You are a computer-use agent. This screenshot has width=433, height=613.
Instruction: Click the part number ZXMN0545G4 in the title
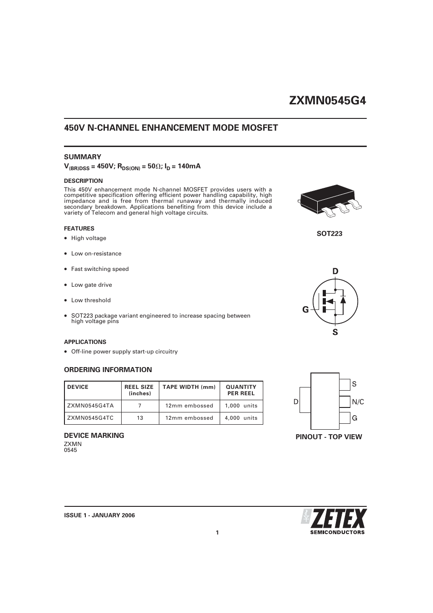point(327,101)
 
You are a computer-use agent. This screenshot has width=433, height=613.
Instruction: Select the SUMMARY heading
point(83,157)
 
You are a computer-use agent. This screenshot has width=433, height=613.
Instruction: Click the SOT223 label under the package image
point(329,234)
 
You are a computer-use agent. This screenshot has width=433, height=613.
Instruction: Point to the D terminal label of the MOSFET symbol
point(335,271)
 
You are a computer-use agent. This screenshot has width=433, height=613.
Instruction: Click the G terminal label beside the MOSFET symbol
point(305,310)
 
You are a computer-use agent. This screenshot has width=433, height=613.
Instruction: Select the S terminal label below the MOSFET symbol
point(335,332)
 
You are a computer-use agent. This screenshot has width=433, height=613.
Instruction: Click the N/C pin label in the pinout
point(358,402)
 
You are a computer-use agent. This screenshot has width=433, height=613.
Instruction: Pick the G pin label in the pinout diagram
point(354,418)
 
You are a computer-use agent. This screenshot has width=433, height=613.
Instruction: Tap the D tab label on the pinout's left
point(296,402)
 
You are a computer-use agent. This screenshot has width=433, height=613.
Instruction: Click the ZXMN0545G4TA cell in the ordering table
point(90,406)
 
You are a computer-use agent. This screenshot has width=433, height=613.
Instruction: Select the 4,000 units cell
point(241,418)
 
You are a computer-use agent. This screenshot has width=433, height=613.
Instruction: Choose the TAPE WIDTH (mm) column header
point(189,387)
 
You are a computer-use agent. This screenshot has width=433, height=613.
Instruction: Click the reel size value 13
point(140,418)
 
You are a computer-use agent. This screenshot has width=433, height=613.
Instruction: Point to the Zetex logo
point(334,521)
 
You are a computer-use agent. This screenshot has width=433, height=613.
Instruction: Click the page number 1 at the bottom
point(217,533)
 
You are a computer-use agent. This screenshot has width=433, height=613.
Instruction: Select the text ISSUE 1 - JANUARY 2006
point(99,515)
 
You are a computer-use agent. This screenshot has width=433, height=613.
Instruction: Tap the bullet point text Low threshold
point(91,300)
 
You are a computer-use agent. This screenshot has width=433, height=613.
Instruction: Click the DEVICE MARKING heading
point(94,436)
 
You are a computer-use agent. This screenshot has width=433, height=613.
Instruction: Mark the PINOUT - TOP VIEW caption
point(329,437)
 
